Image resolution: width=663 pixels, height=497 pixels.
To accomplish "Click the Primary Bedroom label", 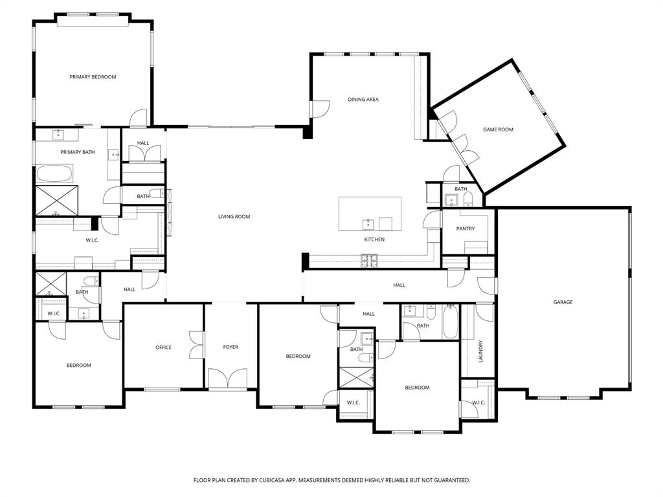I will tap(93, 77).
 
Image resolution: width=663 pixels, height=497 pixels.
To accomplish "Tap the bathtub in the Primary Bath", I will tap(54, 173).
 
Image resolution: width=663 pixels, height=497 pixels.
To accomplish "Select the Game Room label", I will tap(498, 129).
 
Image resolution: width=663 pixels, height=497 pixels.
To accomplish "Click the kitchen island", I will tap(370, 214).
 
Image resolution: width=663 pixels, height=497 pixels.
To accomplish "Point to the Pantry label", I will tap(465, 228).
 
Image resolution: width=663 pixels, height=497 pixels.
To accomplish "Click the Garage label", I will tap(563, 302).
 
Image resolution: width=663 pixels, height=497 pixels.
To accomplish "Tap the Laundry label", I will tap(480, 351).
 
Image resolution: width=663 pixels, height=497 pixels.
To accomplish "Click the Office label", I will tap(163, 348).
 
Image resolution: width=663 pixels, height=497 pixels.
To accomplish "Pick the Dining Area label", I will tap(363, 100).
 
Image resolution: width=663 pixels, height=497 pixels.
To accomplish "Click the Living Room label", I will tap(234, 217).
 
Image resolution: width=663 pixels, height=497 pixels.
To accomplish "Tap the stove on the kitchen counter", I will tap(369, 261).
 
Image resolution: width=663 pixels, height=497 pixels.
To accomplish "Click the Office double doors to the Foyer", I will tap(196, 344).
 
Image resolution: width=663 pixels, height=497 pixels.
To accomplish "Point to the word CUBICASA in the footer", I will tap(273, 480).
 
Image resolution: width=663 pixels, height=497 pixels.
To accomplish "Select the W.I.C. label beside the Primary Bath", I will tap(92, 241).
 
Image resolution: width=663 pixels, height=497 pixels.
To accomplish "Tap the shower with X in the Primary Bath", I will tap(56, 199).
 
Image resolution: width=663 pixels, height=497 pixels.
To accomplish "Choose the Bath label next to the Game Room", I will tap(460, 189).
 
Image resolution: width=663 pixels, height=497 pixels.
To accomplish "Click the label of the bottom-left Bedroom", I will tap(78, 366).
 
